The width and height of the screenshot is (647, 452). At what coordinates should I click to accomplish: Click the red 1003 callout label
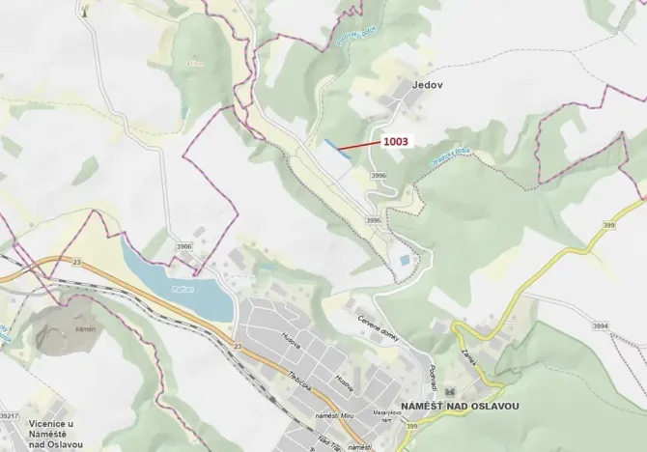pos(397,141)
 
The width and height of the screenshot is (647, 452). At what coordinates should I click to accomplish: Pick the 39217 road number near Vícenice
pos(9,415)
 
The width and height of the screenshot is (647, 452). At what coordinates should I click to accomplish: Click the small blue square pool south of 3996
pos(403,261)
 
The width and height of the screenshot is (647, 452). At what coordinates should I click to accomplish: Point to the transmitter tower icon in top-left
pos(85,13)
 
